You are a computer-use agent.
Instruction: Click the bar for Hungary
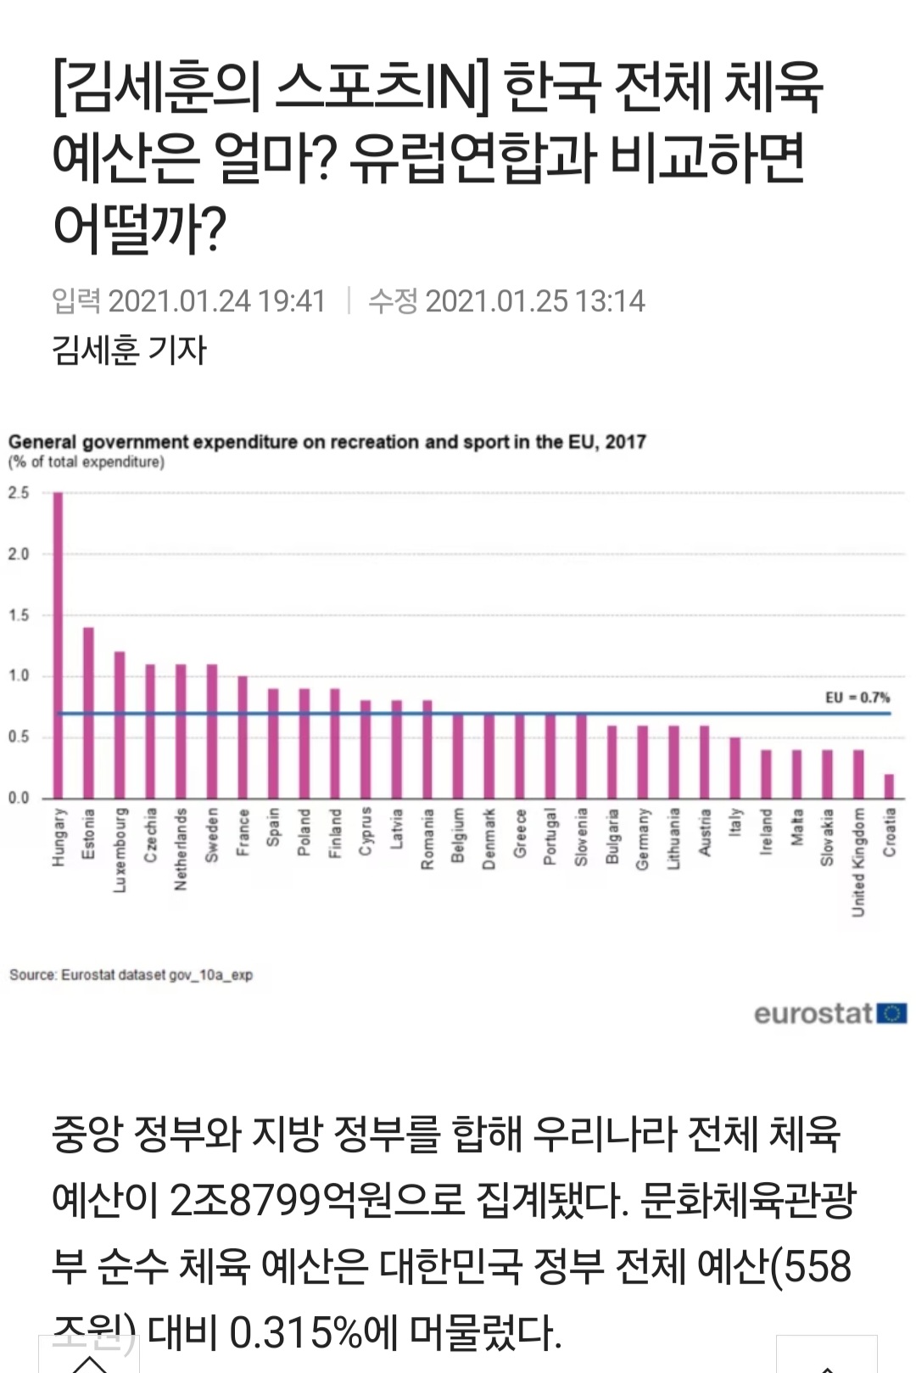tap(59, 645)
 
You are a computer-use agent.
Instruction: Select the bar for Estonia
tap(88, 713)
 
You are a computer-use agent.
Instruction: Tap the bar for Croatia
tap(889, 786)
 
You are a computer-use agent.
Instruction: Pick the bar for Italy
tap(734, 768)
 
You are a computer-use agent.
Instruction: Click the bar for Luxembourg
tap(120, 725)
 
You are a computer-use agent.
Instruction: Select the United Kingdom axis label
tap(858, 861)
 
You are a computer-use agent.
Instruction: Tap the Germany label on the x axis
tap(642, 838)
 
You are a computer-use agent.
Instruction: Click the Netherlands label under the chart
tap(181, 849)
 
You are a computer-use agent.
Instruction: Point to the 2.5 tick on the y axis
tap(19, 493)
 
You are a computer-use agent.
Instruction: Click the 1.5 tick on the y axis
tap(19, 615)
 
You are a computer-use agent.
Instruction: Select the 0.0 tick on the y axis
tap(19, 798)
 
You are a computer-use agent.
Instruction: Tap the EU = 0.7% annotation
tap(857, 698)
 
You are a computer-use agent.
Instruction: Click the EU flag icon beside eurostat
tap(892, 1013)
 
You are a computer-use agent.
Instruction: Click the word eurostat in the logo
tap(813, 1013)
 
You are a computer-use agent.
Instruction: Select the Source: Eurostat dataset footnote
tap(131, 975)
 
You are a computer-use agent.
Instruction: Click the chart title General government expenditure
tap(327, 442)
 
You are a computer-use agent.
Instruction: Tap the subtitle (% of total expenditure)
tap(87, 462)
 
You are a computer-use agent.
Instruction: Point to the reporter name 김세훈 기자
tap(129, 350)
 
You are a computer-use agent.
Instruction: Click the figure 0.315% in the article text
tap(297, 1332)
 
